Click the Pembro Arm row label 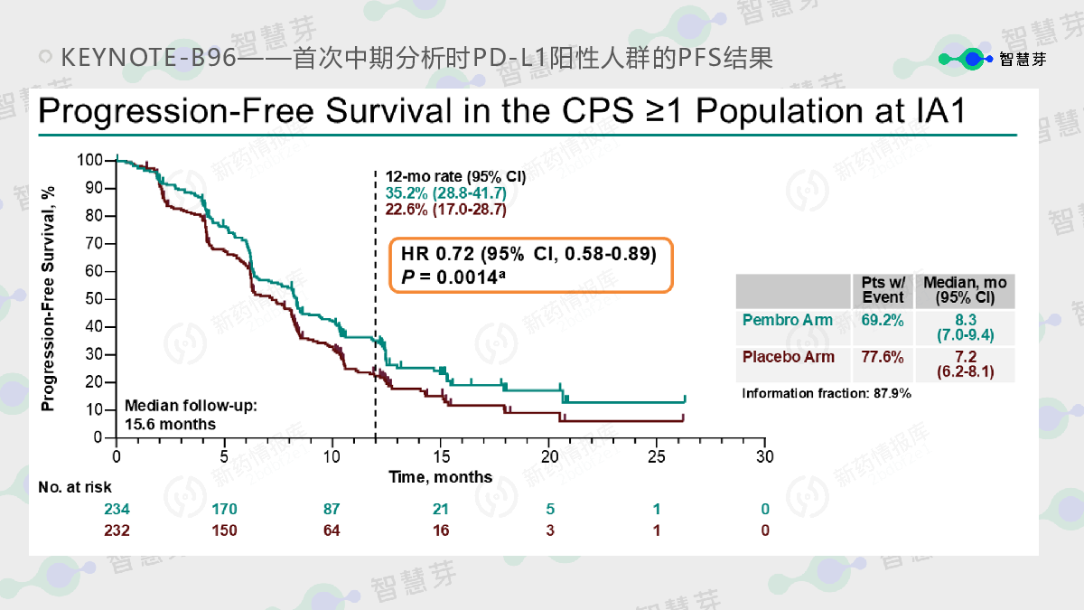pos(783,320)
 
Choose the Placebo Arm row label pos(789,357)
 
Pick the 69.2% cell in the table pos(883,320)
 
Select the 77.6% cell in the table pos(883,357)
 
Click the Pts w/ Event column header pos(883,290)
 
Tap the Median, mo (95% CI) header pos(965,290)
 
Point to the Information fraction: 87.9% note pos(827,393)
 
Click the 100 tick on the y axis pos(91,161)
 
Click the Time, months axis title pos(441,477)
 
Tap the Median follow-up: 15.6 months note pos(191,415)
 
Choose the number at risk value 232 pos(117,530)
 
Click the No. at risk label pos(75,488)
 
